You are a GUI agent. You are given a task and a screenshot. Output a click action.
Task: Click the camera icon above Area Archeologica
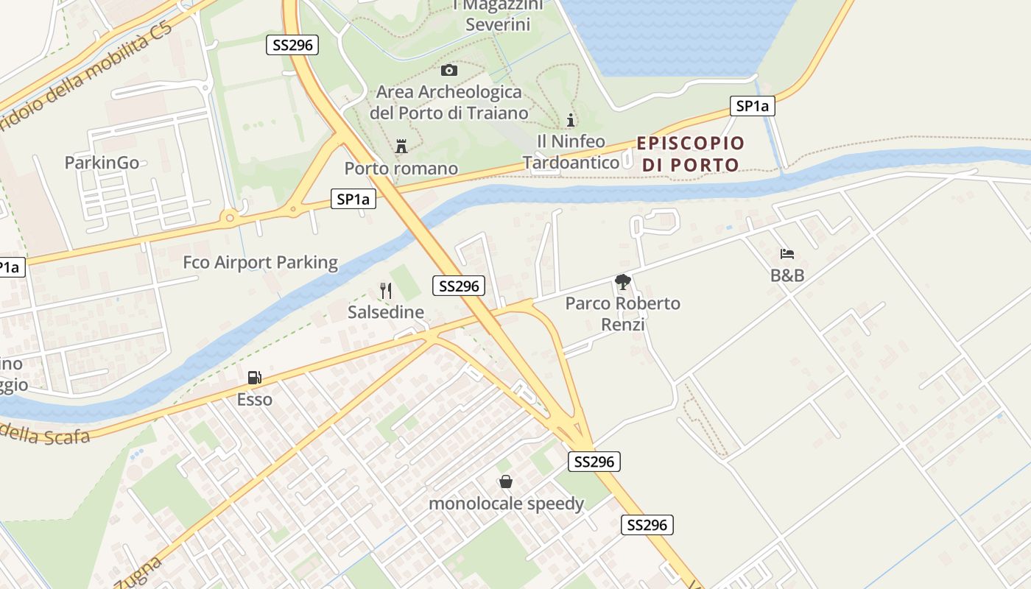[x=448, y=70]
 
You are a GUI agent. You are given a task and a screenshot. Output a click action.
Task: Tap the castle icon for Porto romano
[x=401, y=146]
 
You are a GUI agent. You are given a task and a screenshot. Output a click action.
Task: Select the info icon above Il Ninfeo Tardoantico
[x=571, y=120]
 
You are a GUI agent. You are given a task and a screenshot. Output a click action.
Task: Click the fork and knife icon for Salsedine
[x=385, y=290]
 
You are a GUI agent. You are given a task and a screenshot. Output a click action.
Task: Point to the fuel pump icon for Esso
[x=254, y=378]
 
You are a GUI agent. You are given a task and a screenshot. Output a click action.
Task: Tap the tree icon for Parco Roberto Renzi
[x=623, y=281]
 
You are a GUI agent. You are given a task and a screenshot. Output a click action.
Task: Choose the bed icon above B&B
[x=787, y=254]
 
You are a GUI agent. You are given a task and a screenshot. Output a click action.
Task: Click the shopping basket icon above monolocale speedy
[x=506, y=482]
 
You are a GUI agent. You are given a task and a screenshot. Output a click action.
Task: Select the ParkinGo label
[x=102, y=163]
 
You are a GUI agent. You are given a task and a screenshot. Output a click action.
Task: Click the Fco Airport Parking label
[x=260, y=262]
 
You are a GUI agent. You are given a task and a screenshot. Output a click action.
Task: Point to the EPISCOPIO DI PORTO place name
[x=691, y=154]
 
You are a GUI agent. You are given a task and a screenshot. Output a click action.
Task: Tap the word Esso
[x=254, y=400]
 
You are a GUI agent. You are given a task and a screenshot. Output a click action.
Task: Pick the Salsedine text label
[x=386, y=312]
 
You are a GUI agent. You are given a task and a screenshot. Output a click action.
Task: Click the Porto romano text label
[x=401, y=169]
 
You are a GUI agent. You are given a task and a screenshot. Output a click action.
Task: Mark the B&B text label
[x=787, y=276]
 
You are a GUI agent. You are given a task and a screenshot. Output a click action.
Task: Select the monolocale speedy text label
[x=506, y=504]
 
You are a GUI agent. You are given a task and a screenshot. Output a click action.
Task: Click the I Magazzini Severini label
[x=498, y=15]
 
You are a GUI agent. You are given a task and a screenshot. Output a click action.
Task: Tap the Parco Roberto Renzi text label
[x=623, y=314]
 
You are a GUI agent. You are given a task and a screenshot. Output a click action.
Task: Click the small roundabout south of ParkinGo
[x=230, y=217]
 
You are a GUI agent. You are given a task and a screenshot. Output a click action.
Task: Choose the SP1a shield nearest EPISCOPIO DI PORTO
[x=752, y=106]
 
